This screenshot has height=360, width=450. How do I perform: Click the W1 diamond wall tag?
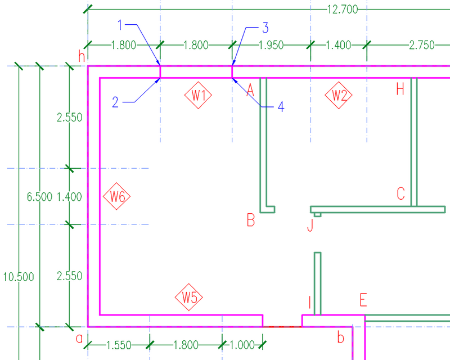tap(198, 95)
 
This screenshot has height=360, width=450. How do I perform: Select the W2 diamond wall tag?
tap(339, 95)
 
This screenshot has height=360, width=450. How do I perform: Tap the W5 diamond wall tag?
tap(189, 297)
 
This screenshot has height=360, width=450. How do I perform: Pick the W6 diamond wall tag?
tap(116, 196)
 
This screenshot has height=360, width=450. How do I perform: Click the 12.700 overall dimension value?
tap(343, 10)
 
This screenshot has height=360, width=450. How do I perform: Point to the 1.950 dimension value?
tap(271, 45)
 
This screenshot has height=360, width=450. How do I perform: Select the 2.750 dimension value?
tap(422, 45)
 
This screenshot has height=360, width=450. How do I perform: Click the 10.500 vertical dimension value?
tap(19, 277)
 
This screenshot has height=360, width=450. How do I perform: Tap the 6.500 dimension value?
tap(39, 197)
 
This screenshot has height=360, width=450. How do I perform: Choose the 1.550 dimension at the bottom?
tap(119, 345)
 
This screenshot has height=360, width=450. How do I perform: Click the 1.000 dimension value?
tap(242, 345)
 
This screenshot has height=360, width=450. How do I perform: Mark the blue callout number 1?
tap(120, 25)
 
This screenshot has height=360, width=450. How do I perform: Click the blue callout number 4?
tap(281, 107)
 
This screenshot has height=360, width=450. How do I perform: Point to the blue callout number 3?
tap(265, 28)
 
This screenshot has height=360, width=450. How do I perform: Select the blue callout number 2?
tap(115, 102)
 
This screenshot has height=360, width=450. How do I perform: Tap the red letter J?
tap(310, 225)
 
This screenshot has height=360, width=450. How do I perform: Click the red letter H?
tap(400, 89)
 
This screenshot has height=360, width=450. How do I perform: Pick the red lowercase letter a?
tap(79, 339)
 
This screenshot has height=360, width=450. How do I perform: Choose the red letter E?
tap(363, 300)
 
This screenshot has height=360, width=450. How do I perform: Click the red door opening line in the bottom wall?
tap(282, 327)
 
